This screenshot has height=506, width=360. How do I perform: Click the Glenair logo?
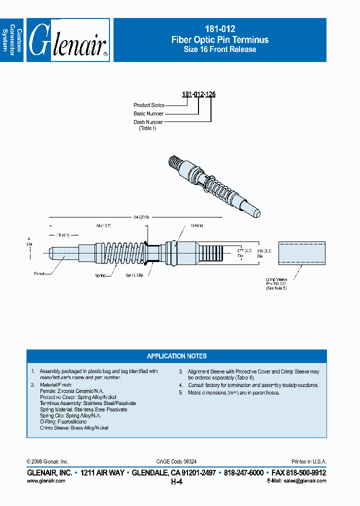coord(68,40)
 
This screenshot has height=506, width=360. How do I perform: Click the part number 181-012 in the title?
coord(220,29)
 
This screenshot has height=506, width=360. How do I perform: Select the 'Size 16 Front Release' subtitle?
coord(220,49)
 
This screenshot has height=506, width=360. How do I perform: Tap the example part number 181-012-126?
coord(198,94)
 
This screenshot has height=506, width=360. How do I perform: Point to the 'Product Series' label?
coord(149,105)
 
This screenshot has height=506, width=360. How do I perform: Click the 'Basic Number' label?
coord(148,113)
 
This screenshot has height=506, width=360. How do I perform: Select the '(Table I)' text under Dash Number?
coord(147,128)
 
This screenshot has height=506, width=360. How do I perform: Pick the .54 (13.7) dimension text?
coord(103,226)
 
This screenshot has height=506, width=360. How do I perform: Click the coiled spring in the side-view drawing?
coord(122,252)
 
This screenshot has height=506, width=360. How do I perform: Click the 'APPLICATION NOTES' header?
coord(176,356)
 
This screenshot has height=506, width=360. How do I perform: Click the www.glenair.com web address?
coord(45,480)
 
